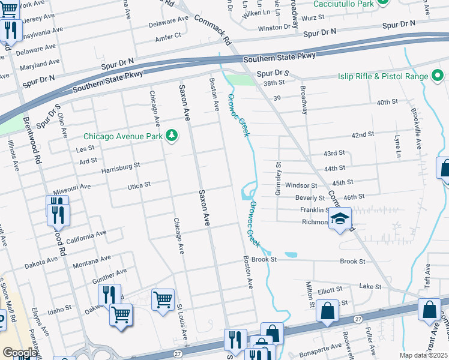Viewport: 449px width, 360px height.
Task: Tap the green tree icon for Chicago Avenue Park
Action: (172, 136)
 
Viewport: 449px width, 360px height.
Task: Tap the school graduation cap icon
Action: (340, 218)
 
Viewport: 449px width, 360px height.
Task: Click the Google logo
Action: (19, 353)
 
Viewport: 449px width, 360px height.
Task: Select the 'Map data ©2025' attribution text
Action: (424, 355)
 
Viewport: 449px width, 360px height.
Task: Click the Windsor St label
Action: (301, 186)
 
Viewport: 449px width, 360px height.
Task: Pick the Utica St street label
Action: (139, 186)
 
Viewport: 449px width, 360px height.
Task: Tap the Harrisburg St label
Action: (120, 165)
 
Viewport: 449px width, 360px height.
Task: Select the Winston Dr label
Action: (274, 28)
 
